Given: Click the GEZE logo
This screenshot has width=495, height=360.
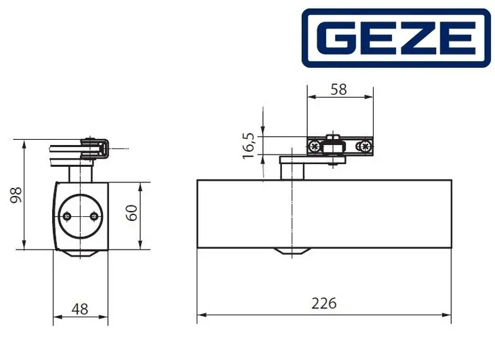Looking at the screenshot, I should coord(395,38).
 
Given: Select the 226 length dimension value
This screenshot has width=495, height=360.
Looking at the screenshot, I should coord(324,303).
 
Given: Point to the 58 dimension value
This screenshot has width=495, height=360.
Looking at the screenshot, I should coord(339,89).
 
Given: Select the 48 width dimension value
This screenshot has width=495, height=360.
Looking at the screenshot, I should coord(79,308).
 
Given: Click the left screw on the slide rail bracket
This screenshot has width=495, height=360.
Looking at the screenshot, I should coord(314,145).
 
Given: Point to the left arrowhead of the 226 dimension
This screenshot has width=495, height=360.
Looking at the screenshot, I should coord(200,315).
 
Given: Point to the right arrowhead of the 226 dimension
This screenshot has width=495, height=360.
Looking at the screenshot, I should coord(448,315).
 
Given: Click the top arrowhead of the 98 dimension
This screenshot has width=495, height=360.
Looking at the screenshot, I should coord(25,143).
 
